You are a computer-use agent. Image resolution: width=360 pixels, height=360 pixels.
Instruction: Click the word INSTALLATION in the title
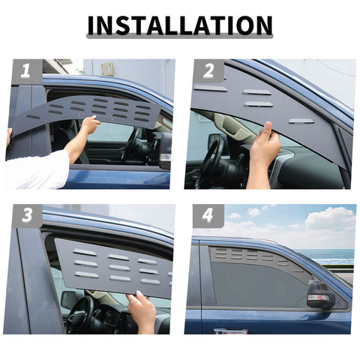pyautogui.click(x=180, y=24)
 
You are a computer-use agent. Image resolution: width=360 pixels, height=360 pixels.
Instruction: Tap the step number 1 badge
pyautogui.click(x=25, y=71)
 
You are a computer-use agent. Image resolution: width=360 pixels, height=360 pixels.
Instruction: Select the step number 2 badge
pyautogui.click(x=208, y=72)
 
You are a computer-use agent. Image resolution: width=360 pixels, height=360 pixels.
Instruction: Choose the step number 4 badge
pyautogui.click(x=208, y=215)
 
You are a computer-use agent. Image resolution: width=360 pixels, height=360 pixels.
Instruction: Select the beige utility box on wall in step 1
pyautogui.click(x=108, y=68)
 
